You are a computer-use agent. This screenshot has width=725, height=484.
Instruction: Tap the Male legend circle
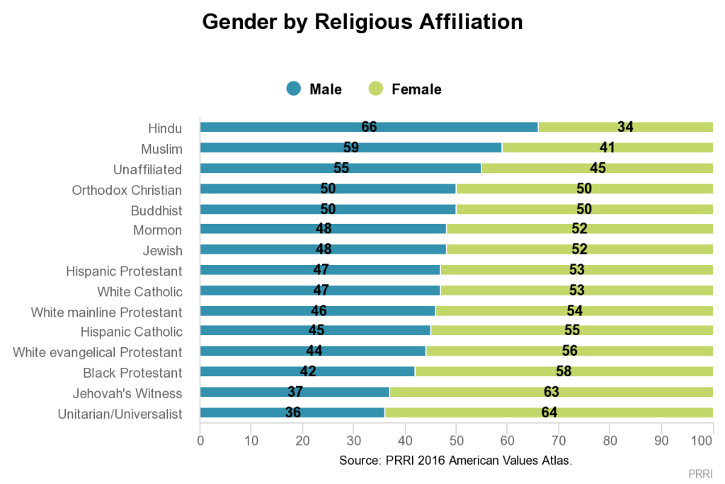294,89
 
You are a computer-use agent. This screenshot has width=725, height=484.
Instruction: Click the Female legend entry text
416,89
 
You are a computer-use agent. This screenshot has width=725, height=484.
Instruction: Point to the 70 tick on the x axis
559,440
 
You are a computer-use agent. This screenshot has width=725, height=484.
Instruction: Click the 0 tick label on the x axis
200,440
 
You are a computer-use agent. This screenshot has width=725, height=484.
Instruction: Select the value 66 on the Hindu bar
369,128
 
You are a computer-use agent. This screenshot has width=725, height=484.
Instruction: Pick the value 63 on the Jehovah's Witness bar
552,393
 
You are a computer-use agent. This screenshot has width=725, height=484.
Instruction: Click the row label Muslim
161,149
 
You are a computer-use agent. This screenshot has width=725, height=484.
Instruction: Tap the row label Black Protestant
132,373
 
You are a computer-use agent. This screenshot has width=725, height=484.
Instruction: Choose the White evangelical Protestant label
98,352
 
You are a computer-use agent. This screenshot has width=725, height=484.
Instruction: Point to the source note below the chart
455,461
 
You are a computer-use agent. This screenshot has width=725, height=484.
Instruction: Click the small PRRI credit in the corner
700,473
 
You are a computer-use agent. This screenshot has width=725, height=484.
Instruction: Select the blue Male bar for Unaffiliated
340,169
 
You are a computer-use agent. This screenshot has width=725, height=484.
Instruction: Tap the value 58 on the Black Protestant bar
564,372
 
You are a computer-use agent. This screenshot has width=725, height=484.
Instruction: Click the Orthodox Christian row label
127,190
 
